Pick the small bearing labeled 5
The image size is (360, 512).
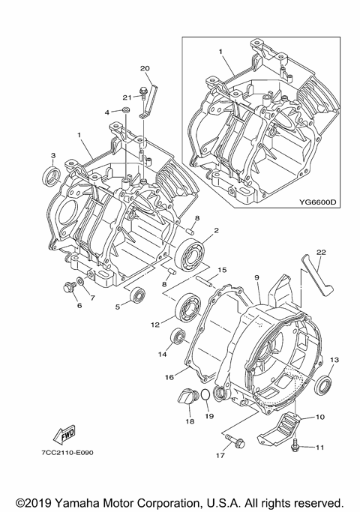[x=137, y=295]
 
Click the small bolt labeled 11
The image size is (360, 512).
[x=296, y=446]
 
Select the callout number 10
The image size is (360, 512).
[x=319, y=416]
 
